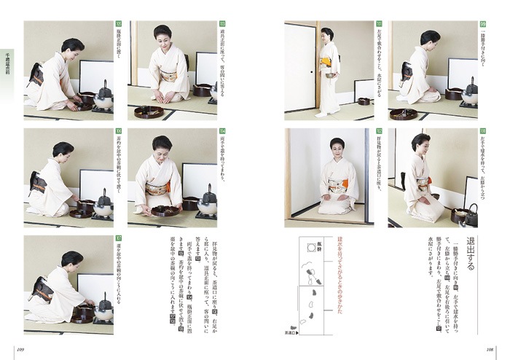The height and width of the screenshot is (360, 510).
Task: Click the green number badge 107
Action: (x=118, y=238)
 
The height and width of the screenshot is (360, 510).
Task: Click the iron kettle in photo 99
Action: (x=471, y=91)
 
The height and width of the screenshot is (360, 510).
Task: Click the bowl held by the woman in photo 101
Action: (x=334, y=76)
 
